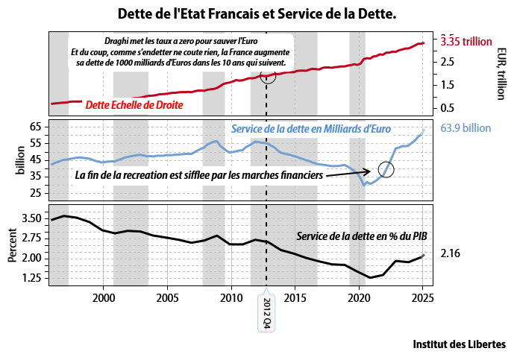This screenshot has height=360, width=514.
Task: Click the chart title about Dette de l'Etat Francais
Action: [257, 14]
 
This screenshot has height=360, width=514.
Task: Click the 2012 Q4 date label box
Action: [268, 314]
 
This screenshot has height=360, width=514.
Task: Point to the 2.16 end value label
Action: [451, 254]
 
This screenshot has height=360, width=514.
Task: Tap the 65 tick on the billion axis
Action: [35, 127]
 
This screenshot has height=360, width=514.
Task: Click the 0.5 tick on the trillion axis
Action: [448, 107]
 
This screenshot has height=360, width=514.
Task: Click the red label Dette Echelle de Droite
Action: [134, 105]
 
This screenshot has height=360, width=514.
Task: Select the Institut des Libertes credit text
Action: [459, 344]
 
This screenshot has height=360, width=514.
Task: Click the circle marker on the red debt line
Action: [268, 75]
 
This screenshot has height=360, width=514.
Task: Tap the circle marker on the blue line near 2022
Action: [386, 169]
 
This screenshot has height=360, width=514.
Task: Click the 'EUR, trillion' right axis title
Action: [501, 73]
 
